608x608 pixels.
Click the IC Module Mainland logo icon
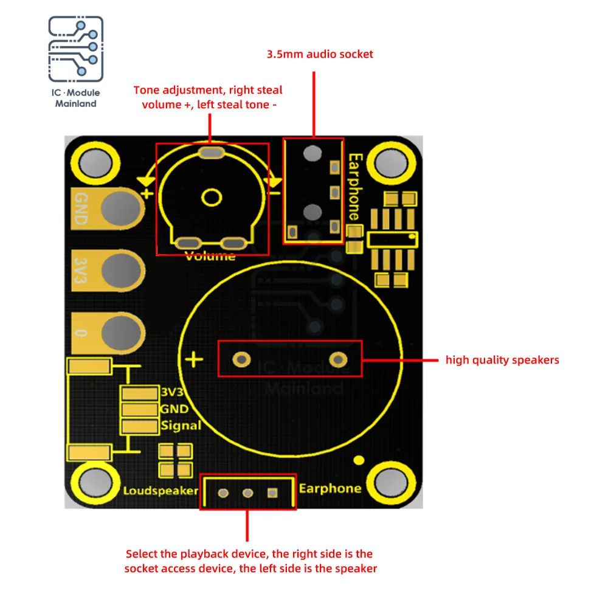click(x=75, y=49)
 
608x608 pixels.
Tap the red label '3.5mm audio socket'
click(x=320, y=54)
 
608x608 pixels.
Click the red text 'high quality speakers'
click(x=502, y=360)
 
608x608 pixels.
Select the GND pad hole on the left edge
click(x=120, y=209)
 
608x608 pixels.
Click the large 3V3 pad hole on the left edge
click(x=121, y=271)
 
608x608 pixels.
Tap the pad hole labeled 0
click(x=121, y=333)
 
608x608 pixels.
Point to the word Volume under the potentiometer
click(x=210, y=256)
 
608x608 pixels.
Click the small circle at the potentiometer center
click(x=212, y=198)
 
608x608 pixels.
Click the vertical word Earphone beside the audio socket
click(x=355, y=187)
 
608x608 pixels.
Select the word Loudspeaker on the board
click(x=161, y=491)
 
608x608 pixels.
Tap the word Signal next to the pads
click(x=181, y=426)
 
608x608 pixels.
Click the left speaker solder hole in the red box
click(x=241, y=360)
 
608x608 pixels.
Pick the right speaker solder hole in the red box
click(x=338, y=360)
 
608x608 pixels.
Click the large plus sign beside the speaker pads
click(x=194, y=359)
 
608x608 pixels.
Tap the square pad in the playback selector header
click(x=272, y=493)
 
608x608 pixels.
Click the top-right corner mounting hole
click(x=391, y=163)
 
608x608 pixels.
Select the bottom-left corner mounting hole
click(x=95, y=483)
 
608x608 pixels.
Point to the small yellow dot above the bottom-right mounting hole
click(x=359, y=460)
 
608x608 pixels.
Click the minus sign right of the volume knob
click(x=275, y=193)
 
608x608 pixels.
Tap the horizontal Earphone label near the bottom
click(x=330, y=489)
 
